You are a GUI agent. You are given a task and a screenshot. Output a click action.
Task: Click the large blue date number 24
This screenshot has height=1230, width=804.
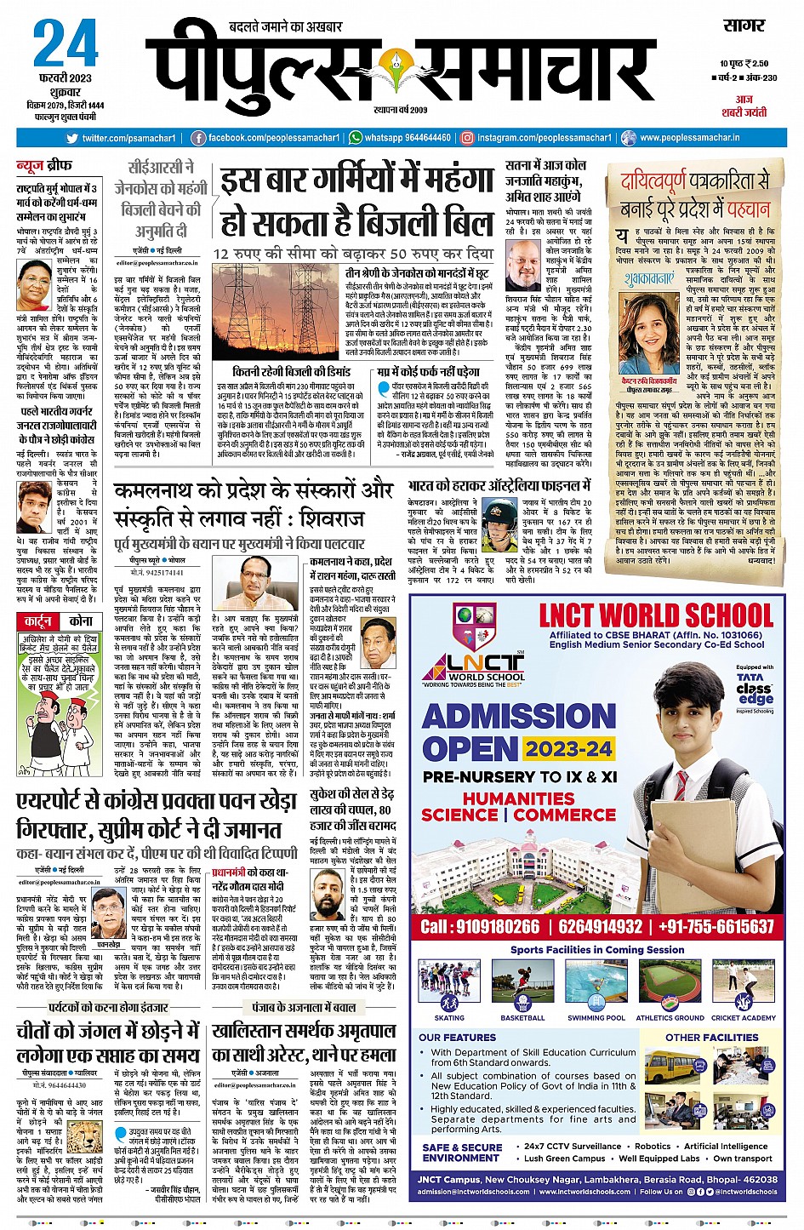66,44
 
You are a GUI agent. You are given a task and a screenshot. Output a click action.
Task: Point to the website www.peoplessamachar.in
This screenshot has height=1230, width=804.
689,138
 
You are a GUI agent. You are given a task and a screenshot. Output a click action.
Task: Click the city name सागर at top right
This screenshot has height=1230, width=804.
744,26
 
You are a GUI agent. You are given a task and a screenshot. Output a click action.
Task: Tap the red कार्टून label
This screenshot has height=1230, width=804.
38,621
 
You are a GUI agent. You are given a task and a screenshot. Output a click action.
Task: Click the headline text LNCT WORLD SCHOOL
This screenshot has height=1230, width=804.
656,615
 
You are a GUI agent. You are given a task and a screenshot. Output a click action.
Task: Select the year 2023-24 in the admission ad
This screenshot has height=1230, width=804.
568,749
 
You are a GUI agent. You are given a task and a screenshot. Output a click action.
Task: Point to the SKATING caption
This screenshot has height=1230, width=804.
449,1017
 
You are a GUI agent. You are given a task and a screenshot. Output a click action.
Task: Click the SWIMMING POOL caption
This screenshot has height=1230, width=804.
596,1017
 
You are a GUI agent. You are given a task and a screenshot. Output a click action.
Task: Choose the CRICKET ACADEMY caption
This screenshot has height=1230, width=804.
744,1017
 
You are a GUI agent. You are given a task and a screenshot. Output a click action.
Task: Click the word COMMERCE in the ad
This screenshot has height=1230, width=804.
565,815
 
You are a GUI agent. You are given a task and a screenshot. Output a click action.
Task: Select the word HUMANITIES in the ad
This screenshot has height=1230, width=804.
519,798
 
